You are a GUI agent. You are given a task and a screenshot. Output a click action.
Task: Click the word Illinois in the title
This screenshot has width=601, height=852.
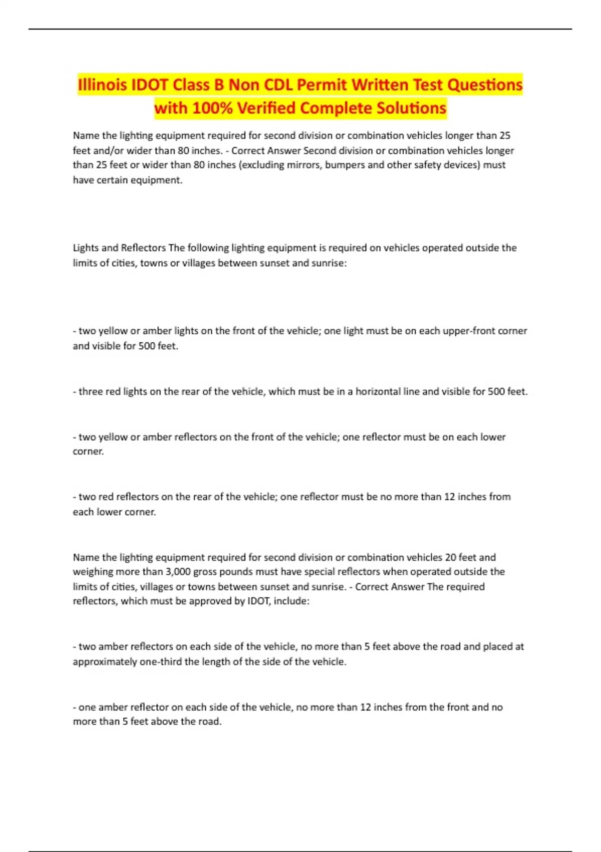[102, 85]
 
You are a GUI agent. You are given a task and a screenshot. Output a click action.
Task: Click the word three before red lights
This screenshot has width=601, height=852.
[91, 391]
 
